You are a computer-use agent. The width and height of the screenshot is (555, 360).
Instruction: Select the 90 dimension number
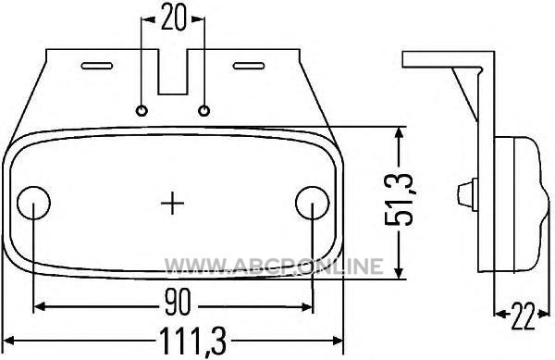(x=178, y=302)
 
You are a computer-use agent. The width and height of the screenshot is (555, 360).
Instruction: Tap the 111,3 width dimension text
(x=193, y=341)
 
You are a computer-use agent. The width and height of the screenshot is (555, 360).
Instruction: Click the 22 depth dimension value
(x=523, y=316)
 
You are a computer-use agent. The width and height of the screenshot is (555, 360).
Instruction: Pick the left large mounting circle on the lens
(x=33, y=203)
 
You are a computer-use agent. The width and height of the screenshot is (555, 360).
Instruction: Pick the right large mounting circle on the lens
(x=313, y=203)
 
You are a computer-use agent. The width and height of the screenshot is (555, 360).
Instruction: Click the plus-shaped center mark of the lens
(x=172, y=203)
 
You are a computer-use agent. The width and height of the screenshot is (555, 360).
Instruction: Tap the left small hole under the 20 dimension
(x=142, y=110)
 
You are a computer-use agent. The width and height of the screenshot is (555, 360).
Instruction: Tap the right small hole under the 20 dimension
(x=203, y=110)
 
